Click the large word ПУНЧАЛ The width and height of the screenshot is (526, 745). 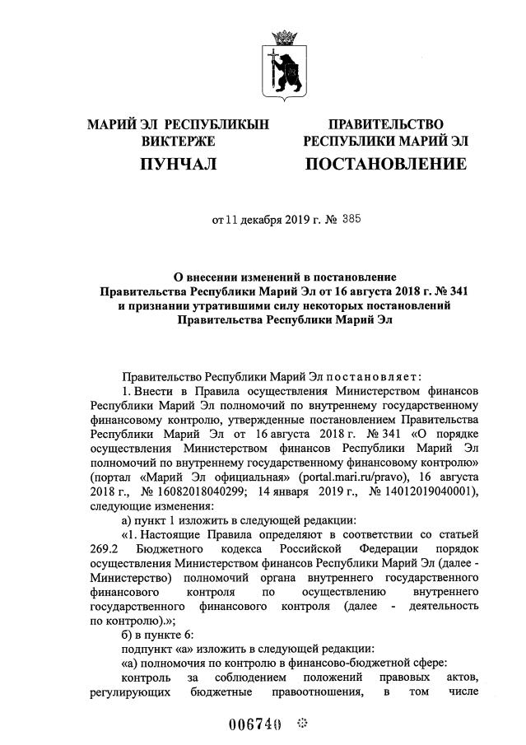[x=178, y=165]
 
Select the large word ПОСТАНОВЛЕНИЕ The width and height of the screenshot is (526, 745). [x=385, y=165]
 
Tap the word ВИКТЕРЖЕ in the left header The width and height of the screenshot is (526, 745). [x=178, y=142]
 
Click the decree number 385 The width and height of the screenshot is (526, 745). [x=349, y=220]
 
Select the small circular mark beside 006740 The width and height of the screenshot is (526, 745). [x=301, y=724]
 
